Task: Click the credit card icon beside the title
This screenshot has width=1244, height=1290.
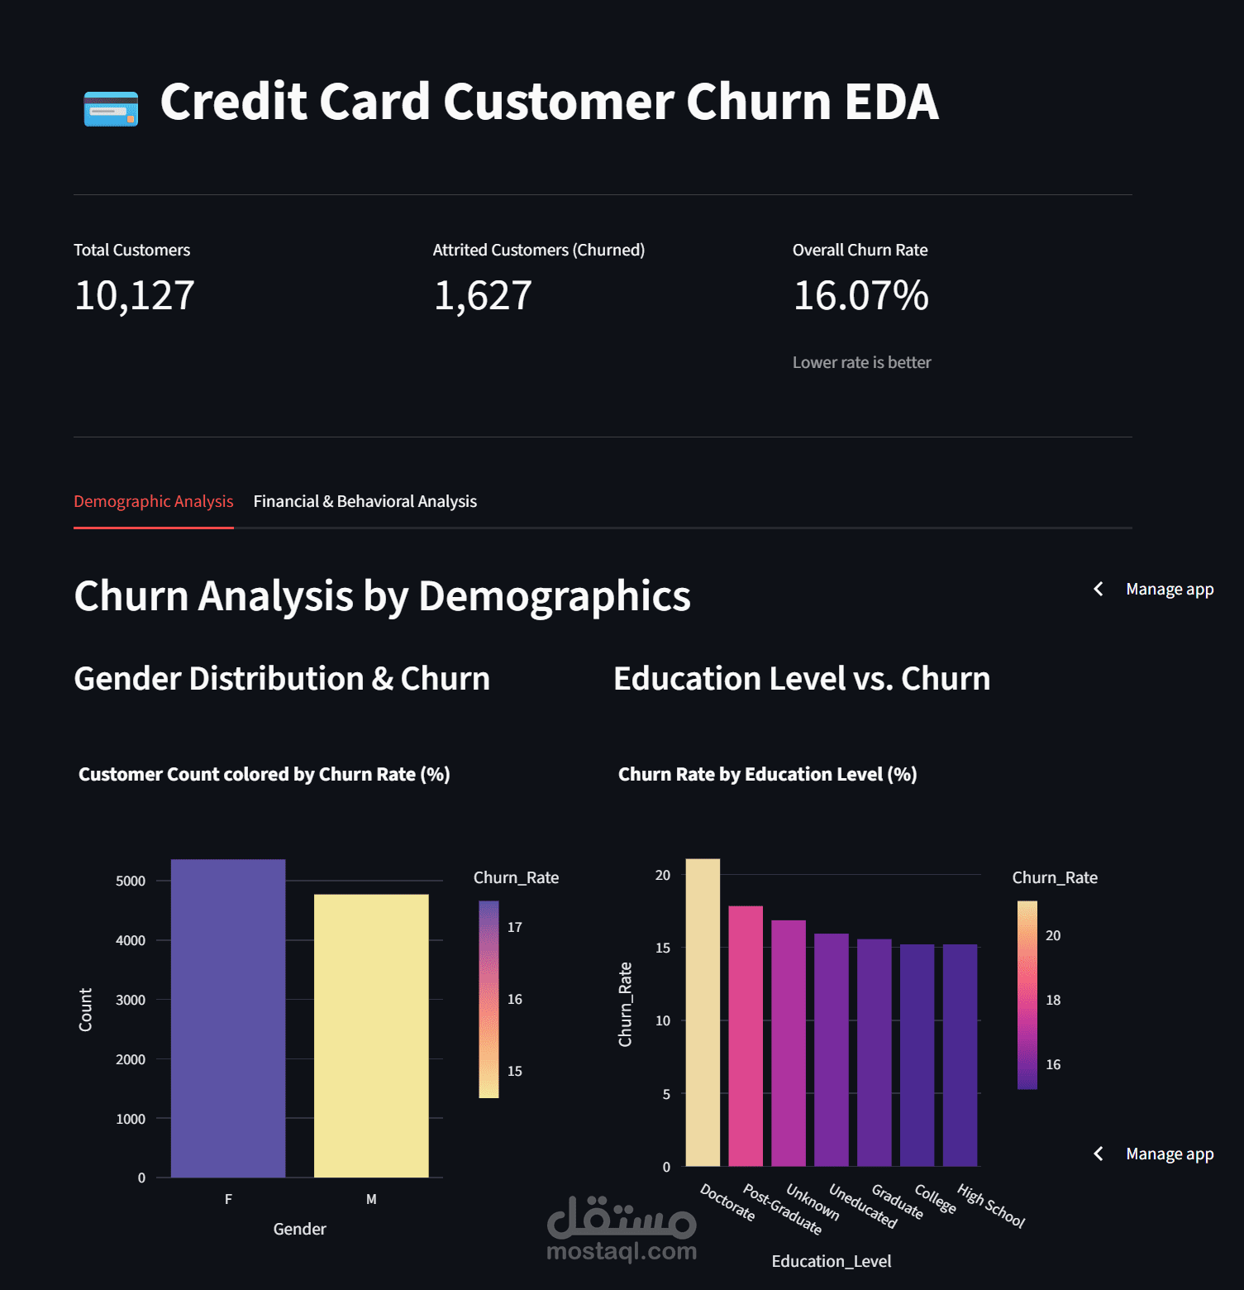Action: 111,108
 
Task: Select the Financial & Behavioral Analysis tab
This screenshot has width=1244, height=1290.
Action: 365,502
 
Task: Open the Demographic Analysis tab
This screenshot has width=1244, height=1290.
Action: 153,502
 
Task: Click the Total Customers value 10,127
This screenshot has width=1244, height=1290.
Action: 134,296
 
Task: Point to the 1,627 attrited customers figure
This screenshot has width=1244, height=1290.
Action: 483,296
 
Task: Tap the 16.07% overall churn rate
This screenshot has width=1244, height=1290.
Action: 860,296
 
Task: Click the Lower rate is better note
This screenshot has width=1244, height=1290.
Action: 861,363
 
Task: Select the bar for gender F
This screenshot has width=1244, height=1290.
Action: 228,1018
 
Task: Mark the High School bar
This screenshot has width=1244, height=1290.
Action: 960,1055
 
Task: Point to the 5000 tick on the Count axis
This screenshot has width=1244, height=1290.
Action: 131,881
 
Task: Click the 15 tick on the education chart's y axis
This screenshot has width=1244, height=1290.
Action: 663,948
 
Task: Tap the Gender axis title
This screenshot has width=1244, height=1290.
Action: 299,1230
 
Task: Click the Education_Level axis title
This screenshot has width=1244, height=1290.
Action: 831,1262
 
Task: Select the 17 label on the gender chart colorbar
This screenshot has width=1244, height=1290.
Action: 515,928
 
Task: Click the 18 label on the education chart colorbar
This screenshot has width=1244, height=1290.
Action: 1053,1001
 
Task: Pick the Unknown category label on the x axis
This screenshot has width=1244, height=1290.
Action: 813,1202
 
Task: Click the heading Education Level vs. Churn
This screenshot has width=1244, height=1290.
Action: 801,679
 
